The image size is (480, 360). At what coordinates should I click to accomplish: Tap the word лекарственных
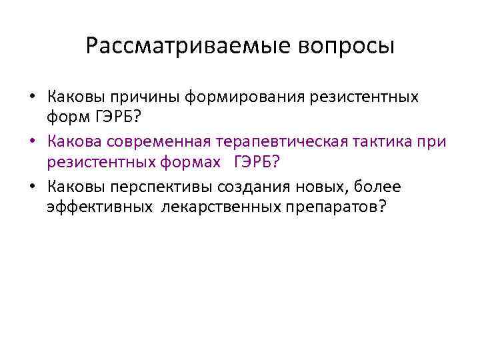click(x=210, y=207)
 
